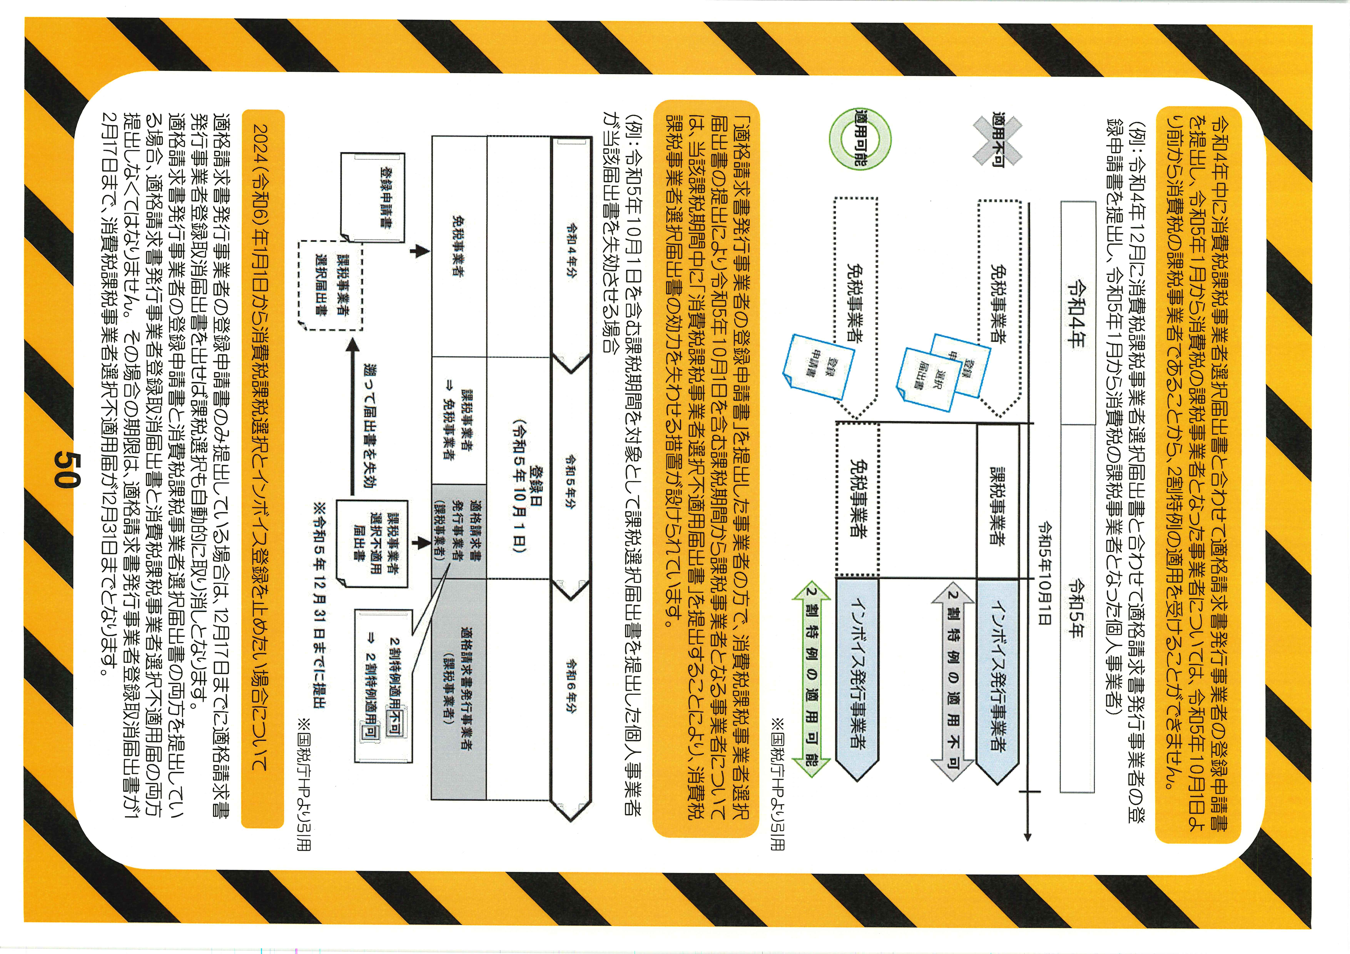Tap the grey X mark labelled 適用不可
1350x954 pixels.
click(x=998, y=140)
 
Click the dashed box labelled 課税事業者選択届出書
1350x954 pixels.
click(x=330, y=285)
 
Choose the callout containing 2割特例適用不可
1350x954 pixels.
click(x=383, y=686)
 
